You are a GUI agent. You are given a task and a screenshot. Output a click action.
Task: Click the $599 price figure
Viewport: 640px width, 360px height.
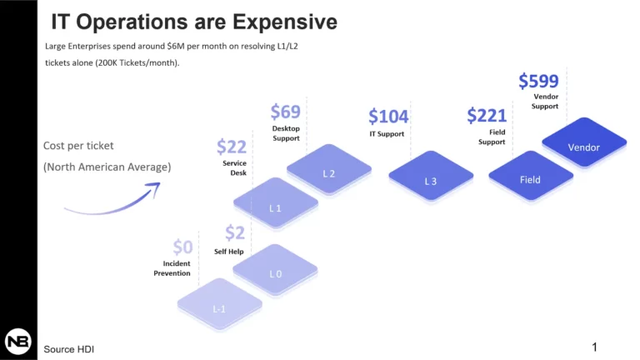(x=538, y=81)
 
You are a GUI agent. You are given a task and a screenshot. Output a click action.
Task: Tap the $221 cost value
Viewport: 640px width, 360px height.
(x=487, y=116)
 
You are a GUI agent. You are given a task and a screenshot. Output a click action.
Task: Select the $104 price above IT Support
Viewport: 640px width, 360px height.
(x=388, y=117)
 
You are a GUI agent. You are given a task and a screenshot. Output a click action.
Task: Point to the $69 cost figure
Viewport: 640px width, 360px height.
(x=285, y=112)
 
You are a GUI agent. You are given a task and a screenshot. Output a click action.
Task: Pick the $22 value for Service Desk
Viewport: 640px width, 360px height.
(x=232, y=147)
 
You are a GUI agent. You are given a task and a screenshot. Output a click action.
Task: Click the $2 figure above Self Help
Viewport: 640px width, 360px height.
(x=235, y=232)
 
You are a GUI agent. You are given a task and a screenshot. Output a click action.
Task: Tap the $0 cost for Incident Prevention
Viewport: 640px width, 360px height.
(x=182, y=247)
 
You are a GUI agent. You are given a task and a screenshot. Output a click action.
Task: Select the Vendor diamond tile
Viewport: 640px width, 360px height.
(x=584, y=142)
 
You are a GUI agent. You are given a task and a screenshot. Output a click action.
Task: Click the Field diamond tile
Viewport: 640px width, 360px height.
(x=531, y=176)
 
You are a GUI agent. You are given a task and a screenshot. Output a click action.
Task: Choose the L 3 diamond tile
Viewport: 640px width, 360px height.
(x=431, y=176)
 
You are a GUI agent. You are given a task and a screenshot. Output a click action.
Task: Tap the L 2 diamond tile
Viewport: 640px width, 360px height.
(x=329, y=168)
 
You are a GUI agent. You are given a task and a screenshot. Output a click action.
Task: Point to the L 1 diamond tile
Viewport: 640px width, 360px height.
(x=276, y=202)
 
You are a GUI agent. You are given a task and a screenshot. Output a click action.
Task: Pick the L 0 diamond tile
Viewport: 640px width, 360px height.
(x=275, y=269)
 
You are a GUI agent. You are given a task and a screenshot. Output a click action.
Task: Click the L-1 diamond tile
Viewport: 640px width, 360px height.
(x=220, y=303)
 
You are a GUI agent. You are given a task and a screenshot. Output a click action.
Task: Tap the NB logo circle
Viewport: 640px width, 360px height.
(x=18, y=341)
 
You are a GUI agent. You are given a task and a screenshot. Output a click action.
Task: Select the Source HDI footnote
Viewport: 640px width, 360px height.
(x=68, y=349)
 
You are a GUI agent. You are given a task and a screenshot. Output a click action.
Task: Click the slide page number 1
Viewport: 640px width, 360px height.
(x=594, y=347)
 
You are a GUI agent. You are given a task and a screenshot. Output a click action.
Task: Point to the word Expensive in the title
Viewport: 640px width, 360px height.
(x=285, y=22)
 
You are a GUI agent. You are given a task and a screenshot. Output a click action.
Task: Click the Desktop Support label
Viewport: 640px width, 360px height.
(x=286, y=133)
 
